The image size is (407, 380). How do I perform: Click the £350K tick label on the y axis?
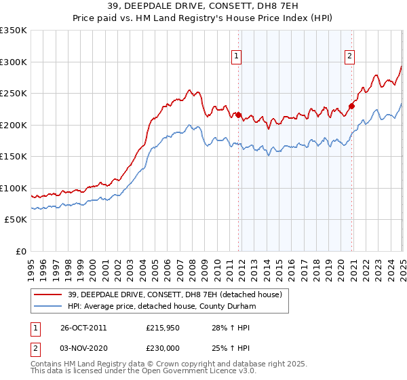[14, 31]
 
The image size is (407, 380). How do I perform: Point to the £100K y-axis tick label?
[14, 188]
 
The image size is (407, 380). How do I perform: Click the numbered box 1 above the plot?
[237, 57]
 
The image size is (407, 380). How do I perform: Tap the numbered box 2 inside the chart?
[349, 57]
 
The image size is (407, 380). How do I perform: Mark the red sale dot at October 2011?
[239, 115]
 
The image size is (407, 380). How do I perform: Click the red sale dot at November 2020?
[352, 106]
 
